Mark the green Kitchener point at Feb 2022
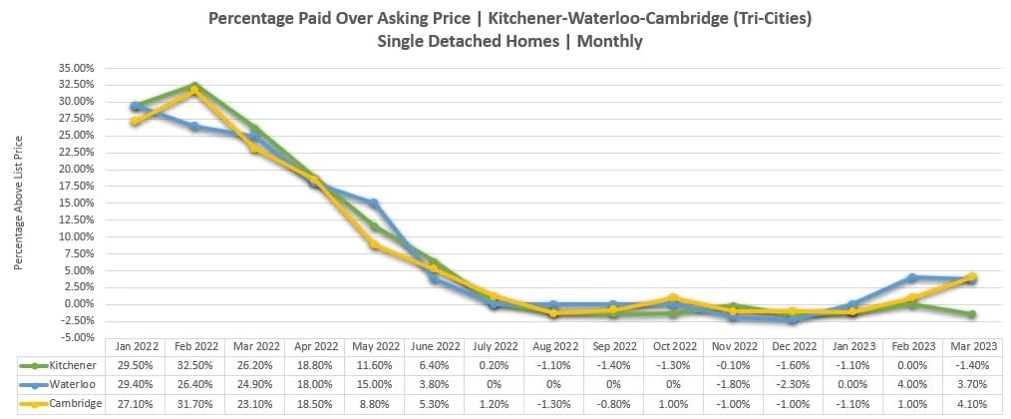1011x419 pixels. pos(194,86)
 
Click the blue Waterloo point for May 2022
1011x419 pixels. pos(374,204)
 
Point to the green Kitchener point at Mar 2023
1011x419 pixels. pos(971,314)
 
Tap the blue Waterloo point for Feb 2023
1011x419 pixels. pos(911,277)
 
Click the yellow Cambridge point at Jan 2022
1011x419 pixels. pos(135,122)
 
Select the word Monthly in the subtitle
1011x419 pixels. pos(609,41)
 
